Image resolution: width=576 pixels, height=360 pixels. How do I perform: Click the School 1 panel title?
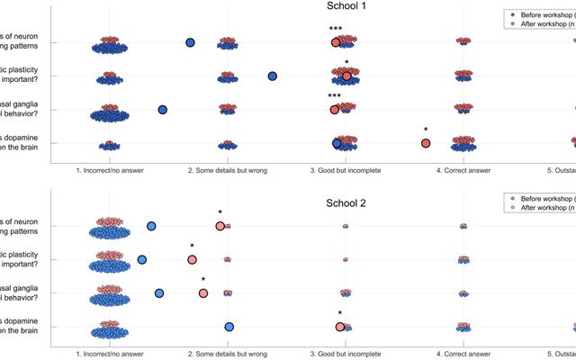click(x=346, y=6)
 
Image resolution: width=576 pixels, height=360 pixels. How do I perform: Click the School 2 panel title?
click(x=346, y=202)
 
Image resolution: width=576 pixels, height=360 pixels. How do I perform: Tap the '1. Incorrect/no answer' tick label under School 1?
click(x=110, y=169)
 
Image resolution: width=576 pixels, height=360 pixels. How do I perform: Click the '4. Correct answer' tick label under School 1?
click(x=463, y=169)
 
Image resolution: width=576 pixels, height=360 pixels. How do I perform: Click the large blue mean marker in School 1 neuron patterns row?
click(x=190, y=42)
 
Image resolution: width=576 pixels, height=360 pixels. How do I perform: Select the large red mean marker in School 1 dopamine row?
click(x=426, y=143)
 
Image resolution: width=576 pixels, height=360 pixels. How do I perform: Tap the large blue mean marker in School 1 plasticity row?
click(x=273, y=76)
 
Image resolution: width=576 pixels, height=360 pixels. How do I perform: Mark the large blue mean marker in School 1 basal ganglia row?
click(x=163, y=110)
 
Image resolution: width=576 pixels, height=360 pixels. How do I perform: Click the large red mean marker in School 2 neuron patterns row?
click(x=220, y=226)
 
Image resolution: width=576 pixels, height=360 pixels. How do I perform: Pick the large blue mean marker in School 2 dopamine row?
click(x=229, y=327)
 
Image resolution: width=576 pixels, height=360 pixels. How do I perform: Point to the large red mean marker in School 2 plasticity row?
click(x=192, y=260)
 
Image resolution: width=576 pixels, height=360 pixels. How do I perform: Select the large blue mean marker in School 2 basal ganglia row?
click(x=159, y=292)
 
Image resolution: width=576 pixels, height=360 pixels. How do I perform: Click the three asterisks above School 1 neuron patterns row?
click(x=335, y=30)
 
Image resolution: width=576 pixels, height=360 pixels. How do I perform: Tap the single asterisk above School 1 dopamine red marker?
click(x=426, y=130)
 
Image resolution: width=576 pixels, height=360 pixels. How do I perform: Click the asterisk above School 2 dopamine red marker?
click(x=339, y=314)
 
